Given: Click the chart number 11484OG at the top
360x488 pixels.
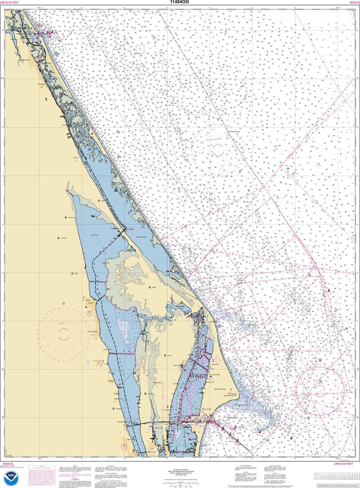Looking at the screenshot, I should [x=180, y=3].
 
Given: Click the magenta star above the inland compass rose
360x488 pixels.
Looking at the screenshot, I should [x=63, y=303].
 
